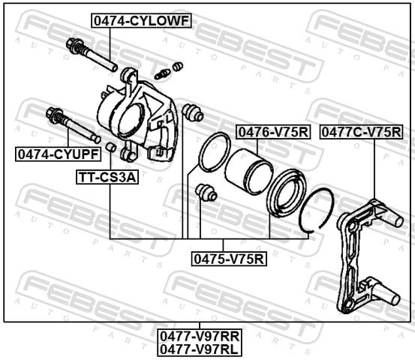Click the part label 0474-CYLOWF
[x=141, y=21]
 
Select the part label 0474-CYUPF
[x=59, y=154]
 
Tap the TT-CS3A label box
[x=107, y=177]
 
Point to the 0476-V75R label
[x=273, y=132]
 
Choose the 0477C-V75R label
[x=361, y=132]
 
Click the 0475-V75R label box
[x=229, y=259]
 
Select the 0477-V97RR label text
[x=200, y=337]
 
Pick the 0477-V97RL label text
[x=200, y=349]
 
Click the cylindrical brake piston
[x=249, y=172]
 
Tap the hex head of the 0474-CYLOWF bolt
[x=74, y=45]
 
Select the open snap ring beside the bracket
[x=317, y=210]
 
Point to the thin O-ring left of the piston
[x=215, y=151]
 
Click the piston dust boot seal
[x=287, y=193]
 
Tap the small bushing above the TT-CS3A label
[x=110, y=147]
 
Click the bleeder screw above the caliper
[x=162, y=74]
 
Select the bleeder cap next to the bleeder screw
[x=177, y=67]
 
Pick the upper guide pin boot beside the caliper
[x=193, y=112]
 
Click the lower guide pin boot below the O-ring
[x=206, y=192]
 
